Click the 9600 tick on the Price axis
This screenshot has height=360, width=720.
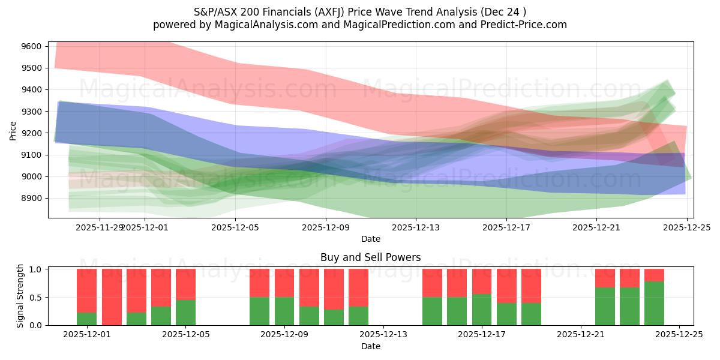(x=31, y=46)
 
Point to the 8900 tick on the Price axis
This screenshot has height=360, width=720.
(x=31, y=198)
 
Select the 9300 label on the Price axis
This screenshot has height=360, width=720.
(x=31, y=112)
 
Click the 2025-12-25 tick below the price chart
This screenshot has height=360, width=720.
(x=686, y=227)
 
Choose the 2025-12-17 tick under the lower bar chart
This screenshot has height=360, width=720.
(x=482, y=335)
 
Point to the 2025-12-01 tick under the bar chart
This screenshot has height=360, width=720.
(x=87, y=335)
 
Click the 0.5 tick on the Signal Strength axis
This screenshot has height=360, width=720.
(x=35, y=298)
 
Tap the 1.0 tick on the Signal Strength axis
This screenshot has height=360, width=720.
(x=35, y=269)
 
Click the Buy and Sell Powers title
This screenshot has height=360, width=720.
(x=370, y=257)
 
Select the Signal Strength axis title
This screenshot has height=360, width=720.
(x=20, y=295)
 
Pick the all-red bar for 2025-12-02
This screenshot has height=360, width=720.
(x=112, y=297)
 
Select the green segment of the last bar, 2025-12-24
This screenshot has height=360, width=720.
(x=654, y=303)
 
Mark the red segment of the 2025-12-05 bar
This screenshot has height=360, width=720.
(x=185, y=284)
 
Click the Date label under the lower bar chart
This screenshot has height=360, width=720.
(x=370, y=346)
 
